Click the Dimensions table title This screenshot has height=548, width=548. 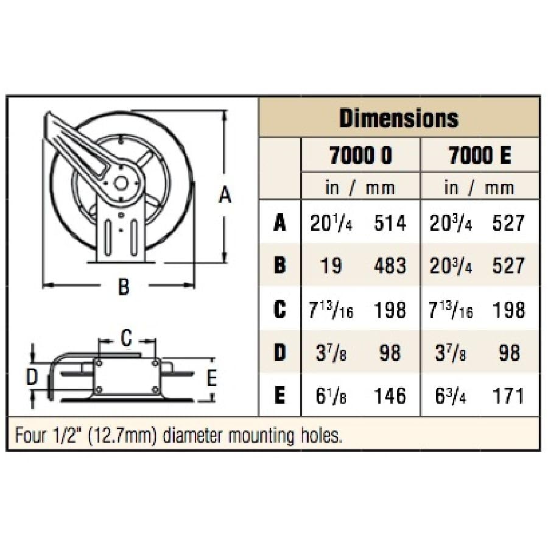click(x=399, y=118)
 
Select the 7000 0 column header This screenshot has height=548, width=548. click(x=360, y=155)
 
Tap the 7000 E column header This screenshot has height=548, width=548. click(x=480, y=155)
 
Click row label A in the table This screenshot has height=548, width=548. click(x=279, y=222)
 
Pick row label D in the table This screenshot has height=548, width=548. click(x=279, y=353)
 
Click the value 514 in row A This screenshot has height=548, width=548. click(x=390, y=223)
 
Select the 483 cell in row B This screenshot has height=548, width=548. click(x=390, y=265)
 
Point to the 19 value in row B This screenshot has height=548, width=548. click(x=331, y=265)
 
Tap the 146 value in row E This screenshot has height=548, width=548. click(x=390, y=396)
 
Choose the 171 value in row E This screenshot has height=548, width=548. click(x=508, y=396)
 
